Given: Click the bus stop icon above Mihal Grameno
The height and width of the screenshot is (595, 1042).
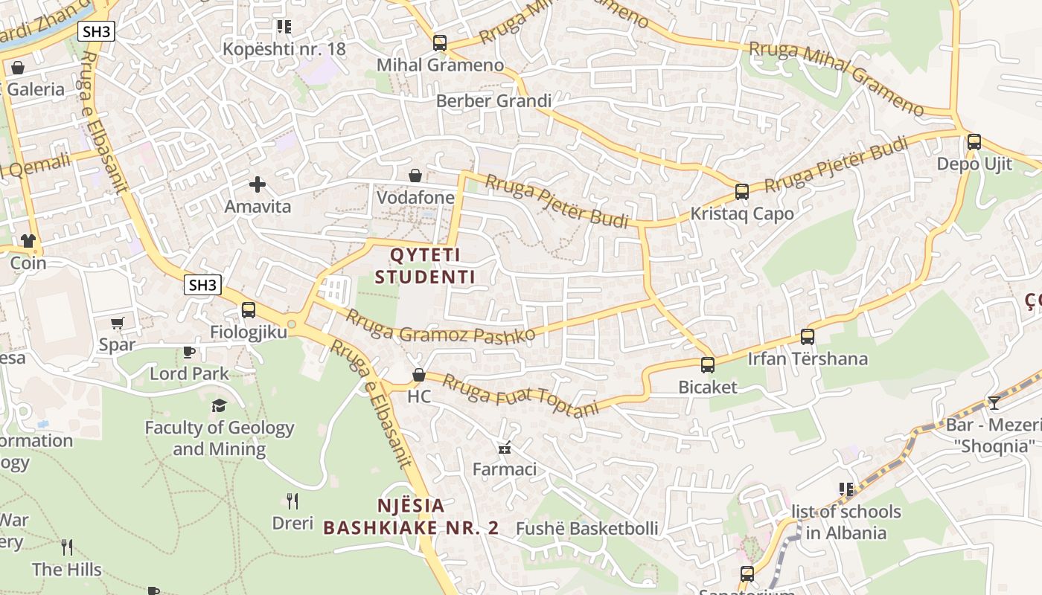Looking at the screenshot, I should (x=440, y=43).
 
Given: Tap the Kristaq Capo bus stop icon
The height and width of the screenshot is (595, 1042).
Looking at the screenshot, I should (x=741, y=192).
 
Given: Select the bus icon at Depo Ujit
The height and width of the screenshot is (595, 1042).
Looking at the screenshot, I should (x=974, y=142).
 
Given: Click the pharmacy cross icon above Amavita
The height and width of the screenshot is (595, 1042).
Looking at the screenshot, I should (x=258, y=184).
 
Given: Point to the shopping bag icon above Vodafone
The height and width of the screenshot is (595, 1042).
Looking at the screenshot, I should (x=415, y=176).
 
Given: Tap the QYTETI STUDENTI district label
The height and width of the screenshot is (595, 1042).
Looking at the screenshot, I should (x=425, y=266).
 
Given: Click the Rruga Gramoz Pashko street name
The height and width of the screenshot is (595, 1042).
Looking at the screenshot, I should (x=440, y=325).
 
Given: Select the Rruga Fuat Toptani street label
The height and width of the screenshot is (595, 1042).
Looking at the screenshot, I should (x=520, y=395).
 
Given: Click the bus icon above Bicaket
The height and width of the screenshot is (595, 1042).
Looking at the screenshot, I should (x=707, y=365).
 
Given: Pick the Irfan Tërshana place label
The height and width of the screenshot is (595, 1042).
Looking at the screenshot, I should (x=808, y=358).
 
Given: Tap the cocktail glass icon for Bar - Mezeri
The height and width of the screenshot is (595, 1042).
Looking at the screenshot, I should (x=994, y=402).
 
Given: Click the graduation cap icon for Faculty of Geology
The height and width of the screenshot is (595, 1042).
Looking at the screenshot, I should (x=219, y=405).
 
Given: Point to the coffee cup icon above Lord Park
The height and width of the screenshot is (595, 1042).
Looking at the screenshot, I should (x=189, y=351).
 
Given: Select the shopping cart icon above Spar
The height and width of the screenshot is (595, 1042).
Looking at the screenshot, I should (x=117, y=323).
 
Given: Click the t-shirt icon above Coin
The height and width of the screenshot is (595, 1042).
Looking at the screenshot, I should (x=28, y=241).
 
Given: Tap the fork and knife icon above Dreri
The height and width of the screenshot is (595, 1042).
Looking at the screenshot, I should (x=293, y=501).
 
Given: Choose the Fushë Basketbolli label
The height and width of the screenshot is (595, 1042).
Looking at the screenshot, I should (x=586, y=528).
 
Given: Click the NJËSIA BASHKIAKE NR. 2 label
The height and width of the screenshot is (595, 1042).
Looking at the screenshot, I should (x=411, y=517).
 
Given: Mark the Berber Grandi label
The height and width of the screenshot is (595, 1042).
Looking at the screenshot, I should (x=493, y=100).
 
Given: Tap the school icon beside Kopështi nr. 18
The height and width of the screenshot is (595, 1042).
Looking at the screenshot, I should (x=284, y=27).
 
